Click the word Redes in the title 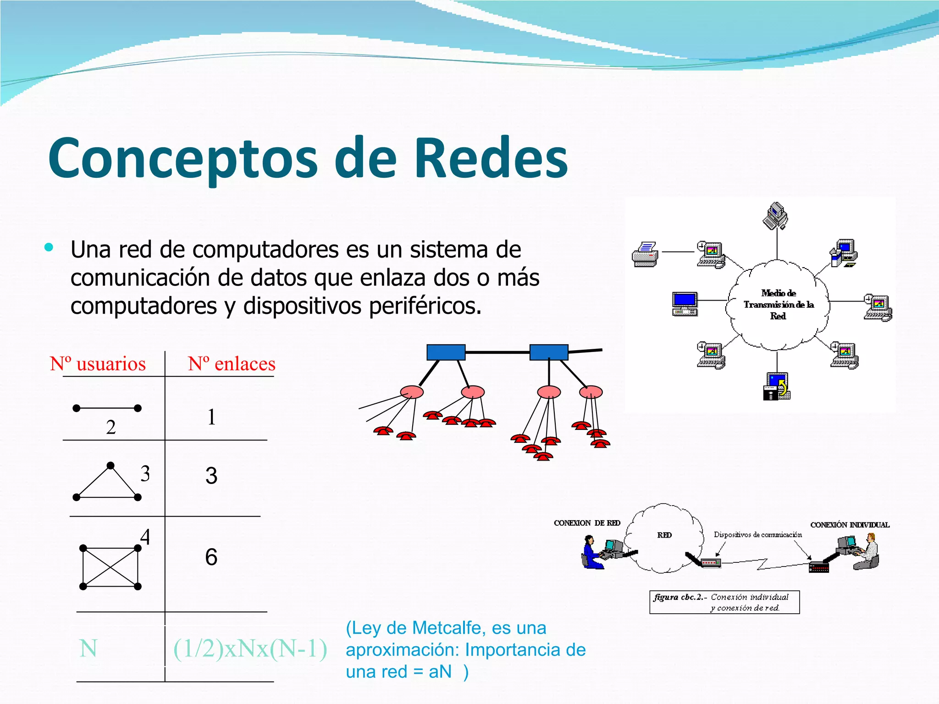[x=491, y=158]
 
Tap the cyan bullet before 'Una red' [x=49, y=248]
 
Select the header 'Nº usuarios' [x=98, y=364]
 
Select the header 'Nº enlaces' [x=232, y=364]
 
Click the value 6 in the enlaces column [x=211, y=557]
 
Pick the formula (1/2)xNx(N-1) [x=250, y=649]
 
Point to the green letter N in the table [x=88, y=649]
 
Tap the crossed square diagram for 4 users [x=110, y=567]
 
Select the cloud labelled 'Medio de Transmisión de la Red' [x=778, y=304]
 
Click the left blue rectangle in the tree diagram [x=446, y=352]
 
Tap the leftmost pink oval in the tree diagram [x=412, y=392]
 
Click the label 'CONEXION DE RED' [x=587, y=523]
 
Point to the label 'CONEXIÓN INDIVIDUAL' [x=850, y=525]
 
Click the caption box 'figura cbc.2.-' [x=724, y=602]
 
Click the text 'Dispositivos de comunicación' [x=757, y=534]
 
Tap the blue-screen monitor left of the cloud [x=685, y=303]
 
